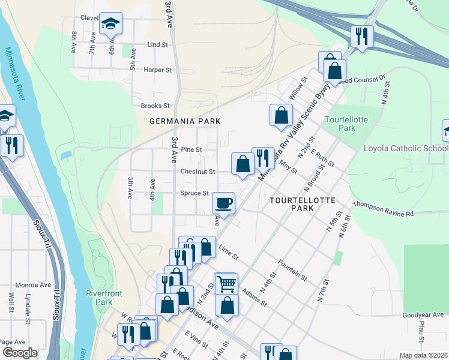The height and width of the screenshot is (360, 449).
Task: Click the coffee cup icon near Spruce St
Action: [x=224, y=203]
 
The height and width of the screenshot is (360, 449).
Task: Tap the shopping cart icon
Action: [x=226, y=283]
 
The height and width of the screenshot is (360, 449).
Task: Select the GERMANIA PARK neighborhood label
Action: [x=184, y=121]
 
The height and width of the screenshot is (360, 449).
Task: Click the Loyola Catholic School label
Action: [x=406, y=148]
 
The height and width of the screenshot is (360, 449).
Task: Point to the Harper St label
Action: [x=158, y=70]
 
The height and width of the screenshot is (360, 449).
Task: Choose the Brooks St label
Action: [x=155, y=106]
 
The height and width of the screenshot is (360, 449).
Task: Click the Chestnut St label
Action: [x=197, y=172]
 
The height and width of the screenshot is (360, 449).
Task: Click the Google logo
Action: [x=20, y=353]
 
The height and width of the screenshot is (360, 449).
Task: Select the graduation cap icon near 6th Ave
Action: [x=110, y=23]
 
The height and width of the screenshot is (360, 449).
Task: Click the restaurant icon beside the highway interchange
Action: [x=362, y=35]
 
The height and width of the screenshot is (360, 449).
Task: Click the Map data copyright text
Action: [x=423, y=355]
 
